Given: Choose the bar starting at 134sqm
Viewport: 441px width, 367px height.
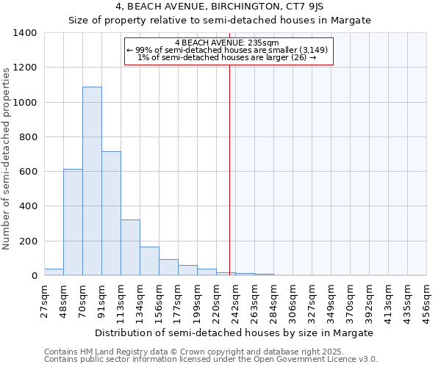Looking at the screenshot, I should click(149, 261).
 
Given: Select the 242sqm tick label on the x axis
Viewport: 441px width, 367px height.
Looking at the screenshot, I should click(236, 300).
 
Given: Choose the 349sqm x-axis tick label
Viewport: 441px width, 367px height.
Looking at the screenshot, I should click(331, 300).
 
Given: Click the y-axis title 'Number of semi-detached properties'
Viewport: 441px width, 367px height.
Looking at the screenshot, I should click(7, 159).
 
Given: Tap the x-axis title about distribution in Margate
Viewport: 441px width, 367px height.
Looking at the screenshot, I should click(234, 333).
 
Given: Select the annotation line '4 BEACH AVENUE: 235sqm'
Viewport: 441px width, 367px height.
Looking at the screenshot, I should click(228, 43).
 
